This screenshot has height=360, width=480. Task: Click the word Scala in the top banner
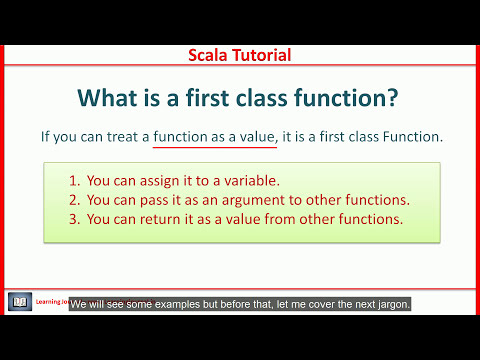(x=211, y=55)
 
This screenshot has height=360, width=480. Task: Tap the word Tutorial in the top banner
(x=261, y=55)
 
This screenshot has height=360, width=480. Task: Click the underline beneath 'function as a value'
(x=214, y=148)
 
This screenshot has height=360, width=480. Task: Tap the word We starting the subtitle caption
(x=79, y=303)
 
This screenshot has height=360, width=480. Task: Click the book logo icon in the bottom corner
(x=20, y=301)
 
